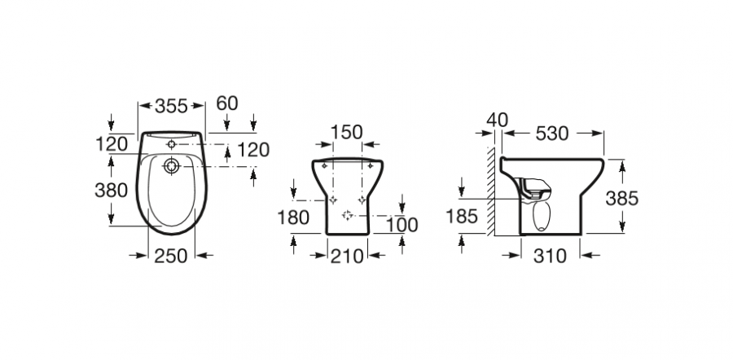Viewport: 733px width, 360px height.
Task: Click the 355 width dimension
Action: [171, 106]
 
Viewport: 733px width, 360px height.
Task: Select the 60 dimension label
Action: [227, 103]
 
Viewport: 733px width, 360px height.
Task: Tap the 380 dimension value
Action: [112, 191]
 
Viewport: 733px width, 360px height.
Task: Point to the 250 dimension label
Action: [171, 256]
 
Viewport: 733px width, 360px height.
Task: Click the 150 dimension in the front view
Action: [347, 132]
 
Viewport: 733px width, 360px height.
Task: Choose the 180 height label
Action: [293, 217]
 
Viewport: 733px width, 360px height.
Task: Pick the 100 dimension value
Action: [402, 225]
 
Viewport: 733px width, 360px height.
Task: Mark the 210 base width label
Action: [347, 257]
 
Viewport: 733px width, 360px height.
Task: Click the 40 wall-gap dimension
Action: [497, 121]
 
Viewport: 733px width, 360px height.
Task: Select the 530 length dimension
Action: [552, 134]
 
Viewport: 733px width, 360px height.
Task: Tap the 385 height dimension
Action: [621, 199]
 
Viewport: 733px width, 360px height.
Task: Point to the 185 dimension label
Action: [462, 217]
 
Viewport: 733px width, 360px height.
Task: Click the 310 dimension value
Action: [551, 256]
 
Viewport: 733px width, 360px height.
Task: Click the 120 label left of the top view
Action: [112, 144]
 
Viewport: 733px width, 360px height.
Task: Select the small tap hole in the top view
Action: [172, 144]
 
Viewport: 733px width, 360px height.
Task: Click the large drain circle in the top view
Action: [172, 166]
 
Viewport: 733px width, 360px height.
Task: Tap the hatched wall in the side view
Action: [490, 191]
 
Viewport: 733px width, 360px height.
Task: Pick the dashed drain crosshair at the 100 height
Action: [347, 215]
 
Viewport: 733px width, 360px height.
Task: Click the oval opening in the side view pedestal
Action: [542, 216]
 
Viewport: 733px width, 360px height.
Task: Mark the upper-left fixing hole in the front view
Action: [324, 165]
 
